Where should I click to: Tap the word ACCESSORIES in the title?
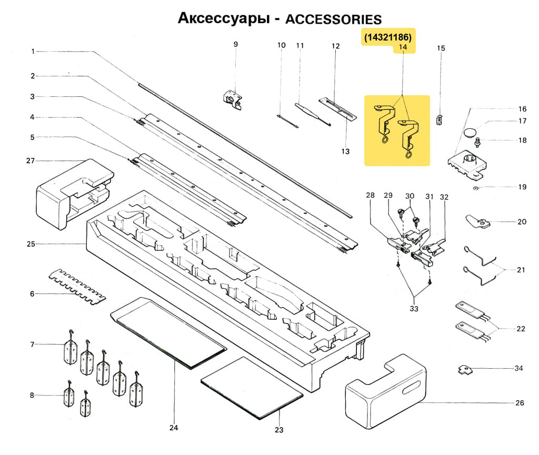333,19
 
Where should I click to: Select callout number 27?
31,160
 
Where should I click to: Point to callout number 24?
174,428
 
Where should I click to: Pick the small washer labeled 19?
475,187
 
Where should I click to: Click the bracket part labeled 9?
232,99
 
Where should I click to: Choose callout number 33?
414,309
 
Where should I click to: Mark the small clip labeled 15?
439,119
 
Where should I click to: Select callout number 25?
31,244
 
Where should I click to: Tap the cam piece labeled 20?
477,222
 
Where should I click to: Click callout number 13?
345,151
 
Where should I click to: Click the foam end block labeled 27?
74,192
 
